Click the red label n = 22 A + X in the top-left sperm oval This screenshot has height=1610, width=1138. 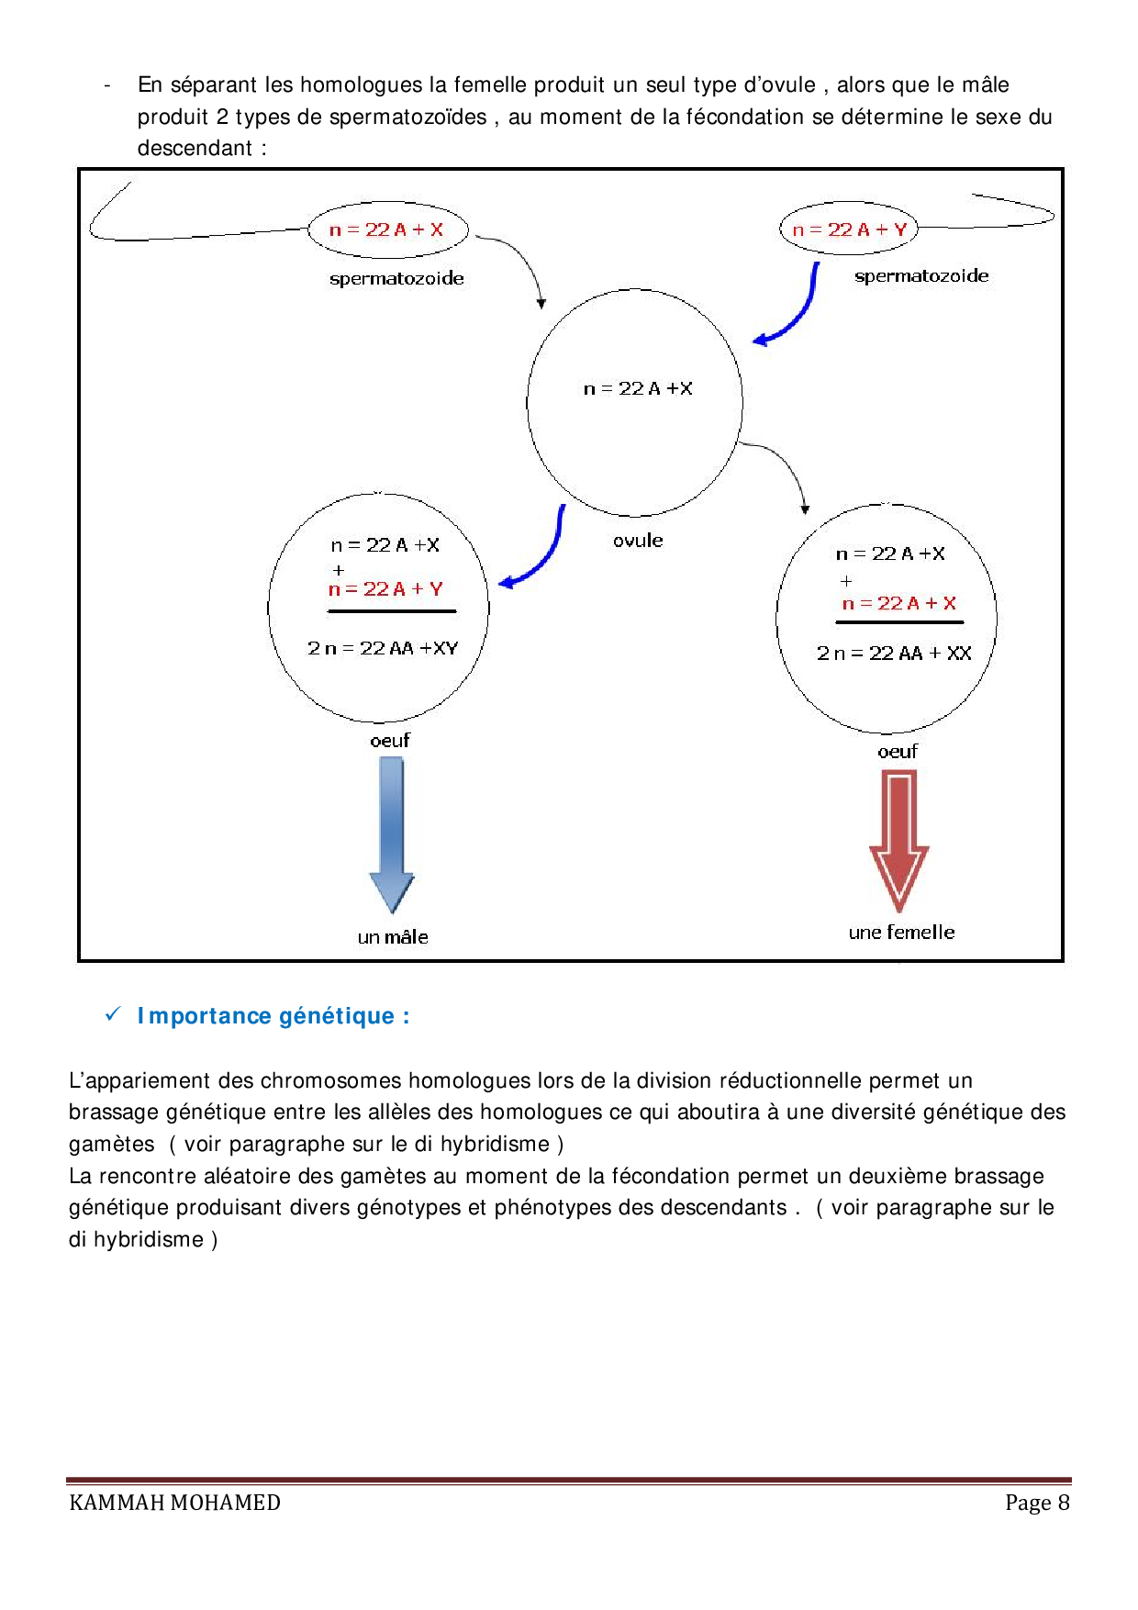386,229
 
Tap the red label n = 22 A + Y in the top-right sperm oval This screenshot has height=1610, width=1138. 849,229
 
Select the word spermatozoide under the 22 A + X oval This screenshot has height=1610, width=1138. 396,278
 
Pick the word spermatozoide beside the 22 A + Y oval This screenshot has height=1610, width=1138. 921,275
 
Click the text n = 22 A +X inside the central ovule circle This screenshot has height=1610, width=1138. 638,388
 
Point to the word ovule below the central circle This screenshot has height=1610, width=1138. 638,541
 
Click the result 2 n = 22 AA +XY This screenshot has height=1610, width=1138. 383,648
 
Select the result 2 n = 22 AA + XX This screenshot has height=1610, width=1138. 894,653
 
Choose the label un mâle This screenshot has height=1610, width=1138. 393,937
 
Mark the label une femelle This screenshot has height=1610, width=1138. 901,933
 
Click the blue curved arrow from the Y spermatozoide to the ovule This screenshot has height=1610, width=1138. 796,313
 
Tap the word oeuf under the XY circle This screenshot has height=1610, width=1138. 390,741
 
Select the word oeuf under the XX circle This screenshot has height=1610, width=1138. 898,752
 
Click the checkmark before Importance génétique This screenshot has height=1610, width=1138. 113,1014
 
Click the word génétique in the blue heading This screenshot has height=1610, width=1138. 336,1016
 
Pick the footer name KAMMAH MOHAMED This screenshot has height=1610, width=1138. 174,1503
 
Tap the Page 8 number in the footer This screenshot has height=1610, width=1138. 1037,1503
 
